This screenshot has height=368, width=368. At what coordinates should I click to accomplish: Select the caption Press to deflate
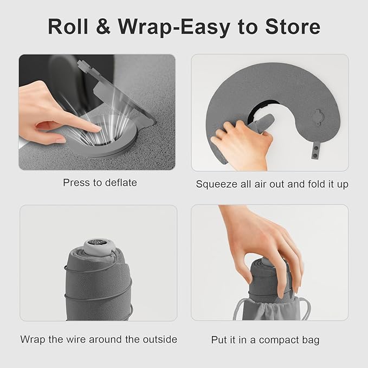coord(100,183)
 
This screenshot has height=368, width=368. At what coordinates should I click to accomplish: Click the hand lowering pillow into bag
coord(266,238)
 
